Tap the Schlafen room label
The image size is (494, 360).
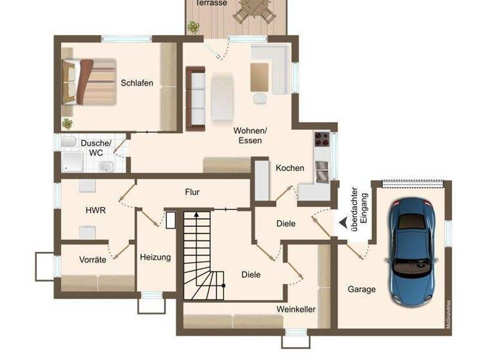[x=137, y=83]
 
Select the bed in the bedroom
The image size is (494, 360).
[x=89, y=82]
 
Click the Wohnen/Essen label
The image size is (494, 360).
[x=250, y=135]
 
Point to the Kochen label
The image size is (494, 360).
[x=290, y=168]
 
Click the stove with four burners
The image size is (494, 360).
[x=322, y=139]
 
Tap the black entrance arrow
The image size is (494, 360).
[x=342, y=222]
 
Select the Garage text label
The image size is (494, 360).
[x=361, y=289]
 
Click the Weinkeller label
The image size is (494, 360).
[x=296, y=309]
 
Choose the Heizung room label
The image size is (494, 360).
[x=155, y=257]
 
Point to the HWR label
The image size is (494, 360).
[x=95, y=210]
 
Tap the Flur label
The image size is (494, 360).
[x=192, y=192]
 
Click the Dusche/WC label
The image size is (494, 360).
[x=96, y=148]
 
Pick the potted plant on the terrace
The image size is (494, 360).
[x=193, y=26]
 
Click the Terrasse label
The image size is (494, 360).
[x=211, y=3]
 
